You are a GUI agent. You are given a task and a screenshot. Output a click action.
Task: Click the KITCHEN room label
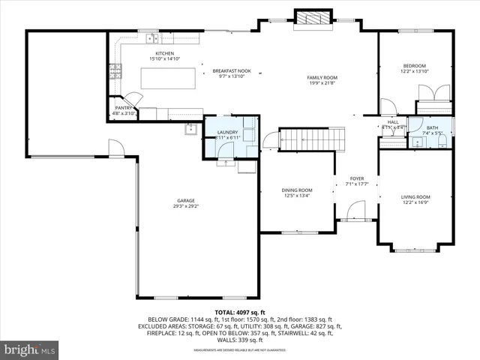[164, 54]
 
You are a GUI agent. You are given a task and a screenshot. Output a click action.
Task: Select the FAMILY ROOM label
[322, 78]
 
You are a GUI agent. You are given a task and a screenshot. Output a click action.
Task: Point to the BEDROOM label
[414, 65]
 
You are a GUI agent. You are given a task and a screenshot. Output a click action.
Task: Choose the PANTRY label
[124, 108]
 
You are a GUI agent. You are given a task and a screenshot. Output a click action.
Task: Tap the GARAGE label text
[186, 200]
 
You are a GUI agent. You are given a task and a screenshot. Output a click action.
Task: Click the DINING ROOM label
[297, 190]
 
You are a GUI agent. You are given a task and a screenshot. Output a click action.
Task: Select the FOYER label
[356, 178]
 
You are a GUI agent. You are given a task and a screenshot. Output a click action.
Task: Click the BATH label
[432, 127]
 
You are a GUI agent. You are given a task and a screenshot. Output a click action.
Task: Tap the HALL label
[392, 122]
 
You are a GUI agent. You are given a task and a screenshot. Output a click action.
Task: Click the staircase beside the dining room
[312, 139]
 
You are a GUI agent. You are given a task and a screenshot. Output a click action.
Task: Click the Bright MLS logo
[30, 349]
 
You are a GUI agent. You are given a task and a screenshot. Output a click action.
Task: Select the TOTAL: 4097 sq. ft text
[239, 311]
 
